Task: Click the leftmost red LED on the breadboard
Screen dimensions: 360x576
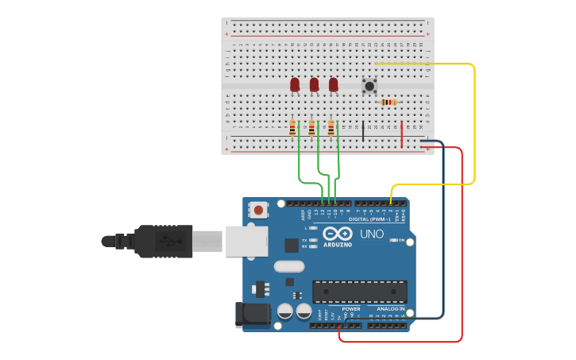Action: pos(295,84)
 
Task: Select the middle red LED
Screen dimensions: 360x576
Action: pos(314,84)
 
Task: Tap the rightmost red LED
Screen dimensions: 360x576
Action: pos(333,84)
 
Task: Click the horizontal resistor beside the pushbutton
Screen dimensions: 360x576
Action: pos(388,103)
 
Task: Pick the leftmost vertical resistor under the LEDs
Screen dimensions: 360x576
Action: pos(292,128)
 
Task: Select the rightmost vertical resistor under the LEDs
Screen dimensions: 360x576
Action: pos(331,128)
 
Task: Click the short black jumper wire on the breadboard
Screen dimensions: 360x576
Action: pos(363,131)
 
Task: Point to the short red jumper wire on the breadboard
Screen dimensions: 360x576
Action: pos(402,134)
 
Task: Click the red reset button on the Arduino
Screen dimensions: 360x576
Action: pos(258,211)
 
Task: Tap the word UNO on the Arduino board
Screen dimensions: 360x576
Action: pos(372,234)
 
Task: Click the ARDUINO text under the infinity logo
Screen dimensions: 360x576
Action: pos(338,245)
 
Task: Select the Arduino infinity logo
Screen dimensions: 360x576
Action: pos(338,234)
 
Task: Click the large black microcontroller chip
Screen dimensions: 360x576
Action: pos(359,292)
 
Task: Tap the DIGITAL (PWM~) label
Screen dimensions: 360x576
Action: pos(369,219)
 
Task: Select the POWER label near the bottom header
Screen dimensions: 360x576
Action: pos(351,308)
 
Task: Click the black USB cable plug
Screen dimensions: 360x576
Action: pos(163,241)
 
